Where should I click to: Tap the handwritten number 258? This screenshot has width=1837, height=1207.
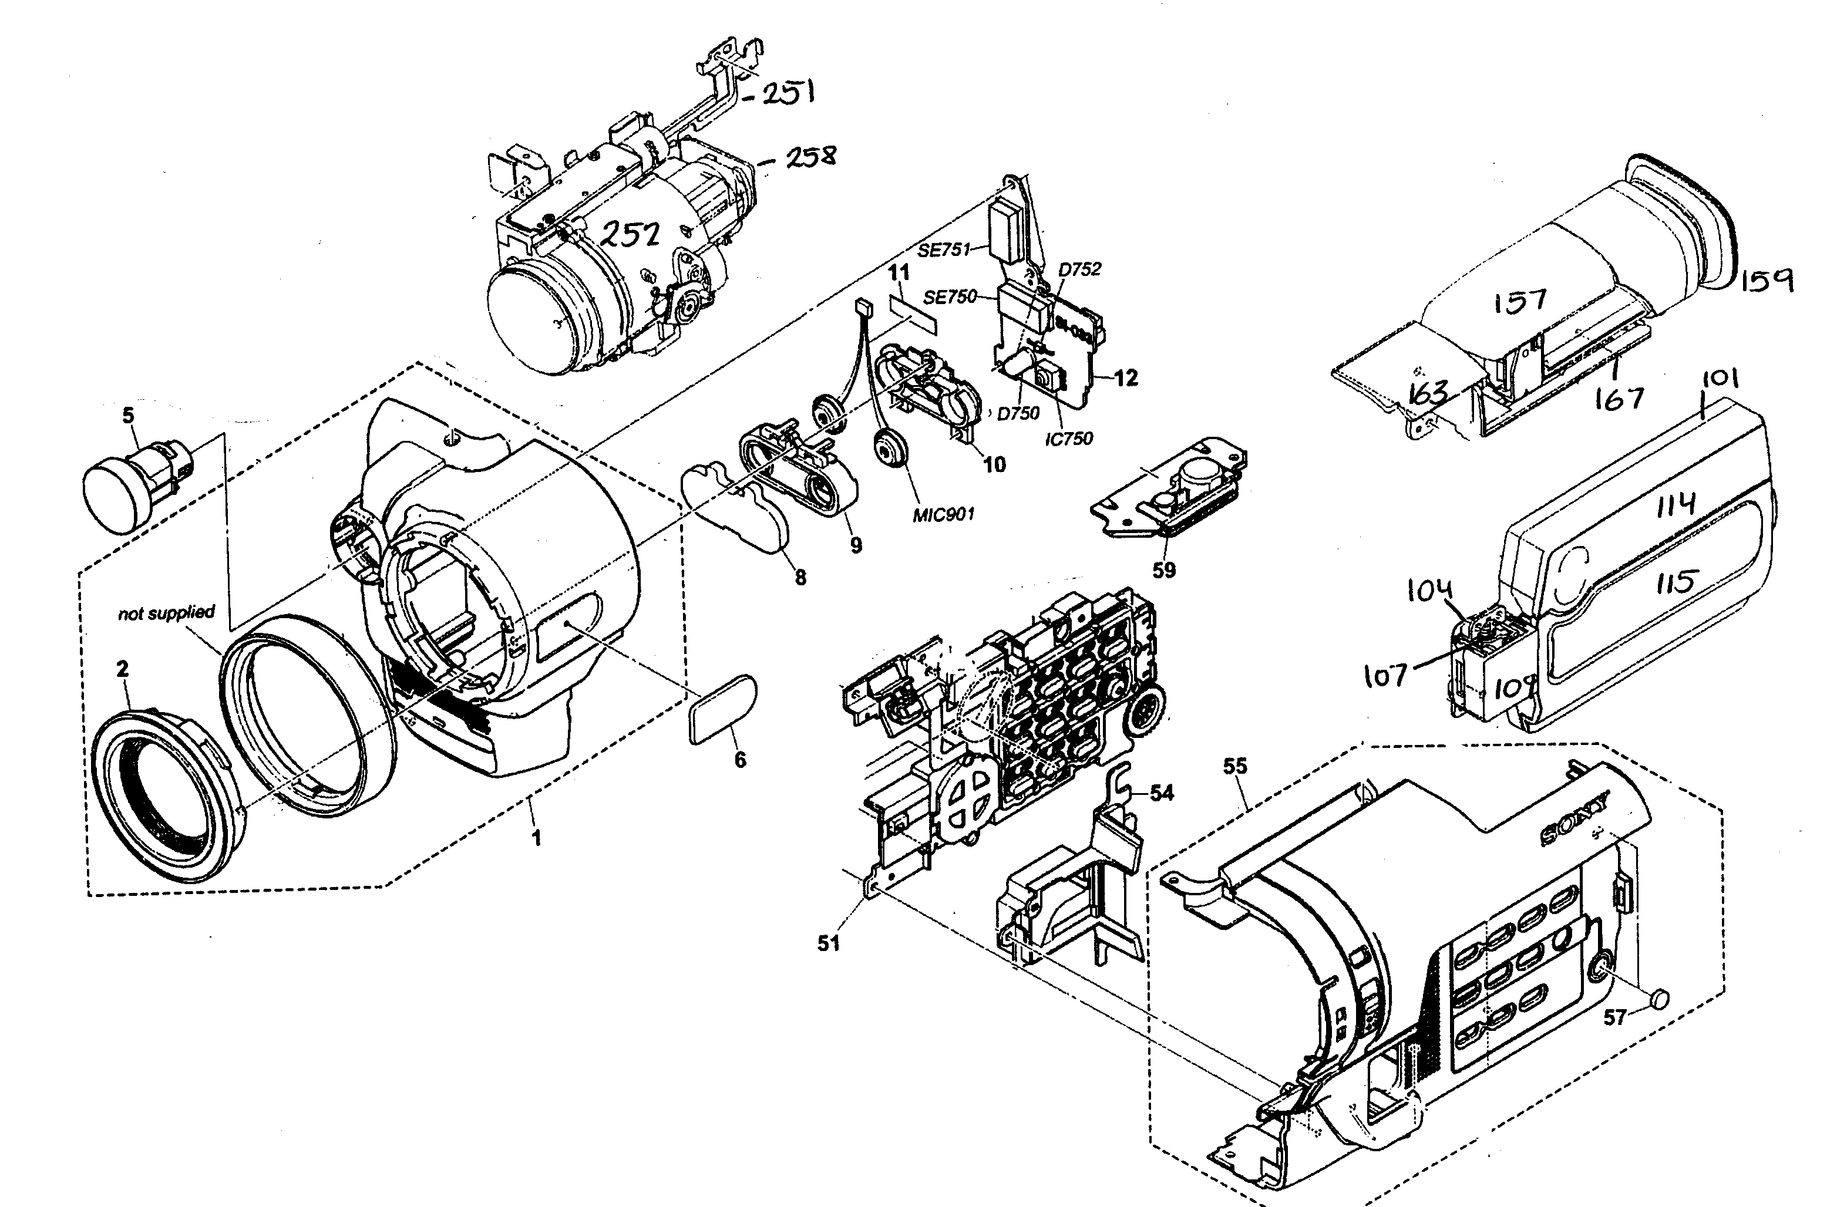tap(810, 157)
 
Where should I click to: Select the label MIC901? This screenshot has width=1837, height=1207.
tap(943, 514)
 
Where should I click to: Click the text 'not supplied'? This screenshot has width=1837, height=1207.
tap(166, 613)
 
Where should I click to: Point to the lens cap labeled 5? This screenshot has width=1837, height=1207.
tap(131, 488)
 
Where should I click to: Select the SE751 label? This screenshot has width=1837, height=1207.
tap(943, 250)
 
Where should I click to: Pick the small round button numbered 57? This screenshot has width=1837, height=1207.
tap(1660, 999)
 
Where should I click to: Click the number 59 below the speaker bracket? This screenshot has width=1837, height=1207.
tap(1164, 569)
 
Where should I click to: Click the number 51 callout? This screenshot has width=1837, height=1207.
tap(828, 943)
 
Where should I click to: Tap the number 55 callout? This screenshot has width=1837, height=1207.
tap(1235, 766)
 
